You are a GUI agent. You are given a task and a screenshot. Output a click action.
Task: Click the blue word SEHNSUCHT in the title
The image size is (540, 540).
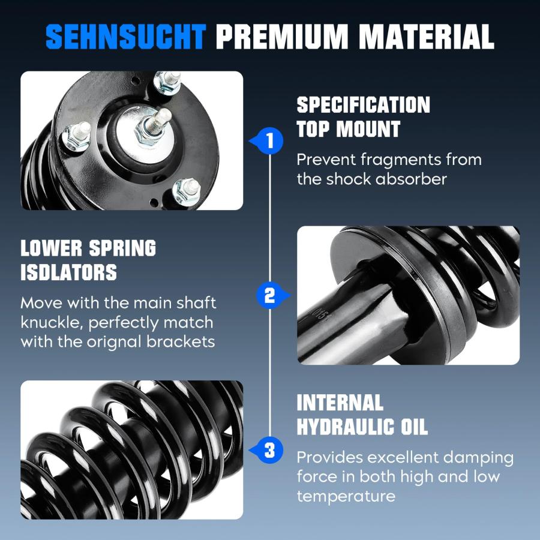(x=126, y=36)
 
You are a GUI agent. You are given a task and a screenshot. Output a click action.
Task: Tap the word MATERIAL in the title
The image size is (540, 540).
(x=427, y=36)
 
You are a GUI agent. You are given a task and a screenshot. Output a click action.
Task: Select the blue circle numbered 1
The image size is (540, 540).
(x=271, y=141)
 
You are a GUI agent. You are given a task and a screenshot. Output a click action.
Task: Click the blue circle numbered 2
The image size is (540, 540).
(x=269, y=295)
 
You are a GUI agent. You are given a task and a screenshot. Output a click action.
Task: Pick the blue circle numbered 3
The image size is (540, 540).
(x=271, y=450)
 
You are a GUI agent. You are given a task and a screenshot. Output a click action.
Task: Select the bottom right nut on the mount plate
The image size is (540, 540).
(x=187, y=191)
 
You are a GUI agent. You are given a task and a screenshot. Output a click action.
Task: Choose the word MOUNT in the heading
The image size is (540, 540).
(x=368, y=129)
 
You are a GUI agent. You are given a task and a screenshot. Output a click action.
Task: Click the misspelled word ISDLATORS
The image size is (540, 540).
(x=69, y=272)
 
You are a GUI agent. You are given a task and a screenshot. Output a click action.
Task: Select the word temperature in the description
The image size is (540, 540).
(x=346, y=497)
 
